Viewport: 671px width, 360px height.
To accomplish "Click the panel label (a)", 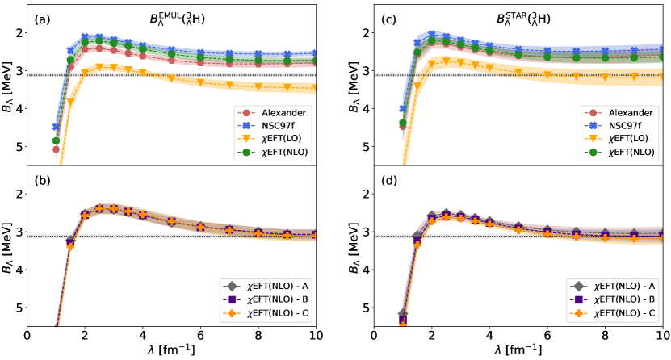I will click(41, 16).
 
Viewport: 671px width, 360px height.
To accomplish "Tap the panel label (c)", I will click(386, 16).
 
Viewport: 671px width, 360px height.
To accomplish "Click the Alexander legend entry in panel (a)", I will click(275, 111).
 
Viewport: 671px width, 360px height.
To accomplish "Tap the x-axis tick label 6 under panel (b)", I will click(200, 335).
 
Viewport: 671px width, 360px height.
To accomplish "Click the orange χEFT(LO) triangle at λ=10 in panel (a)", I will click(315, 87).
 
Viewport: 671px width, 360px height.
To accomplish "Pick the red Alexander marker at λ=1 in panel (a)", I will click(56, 149).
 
